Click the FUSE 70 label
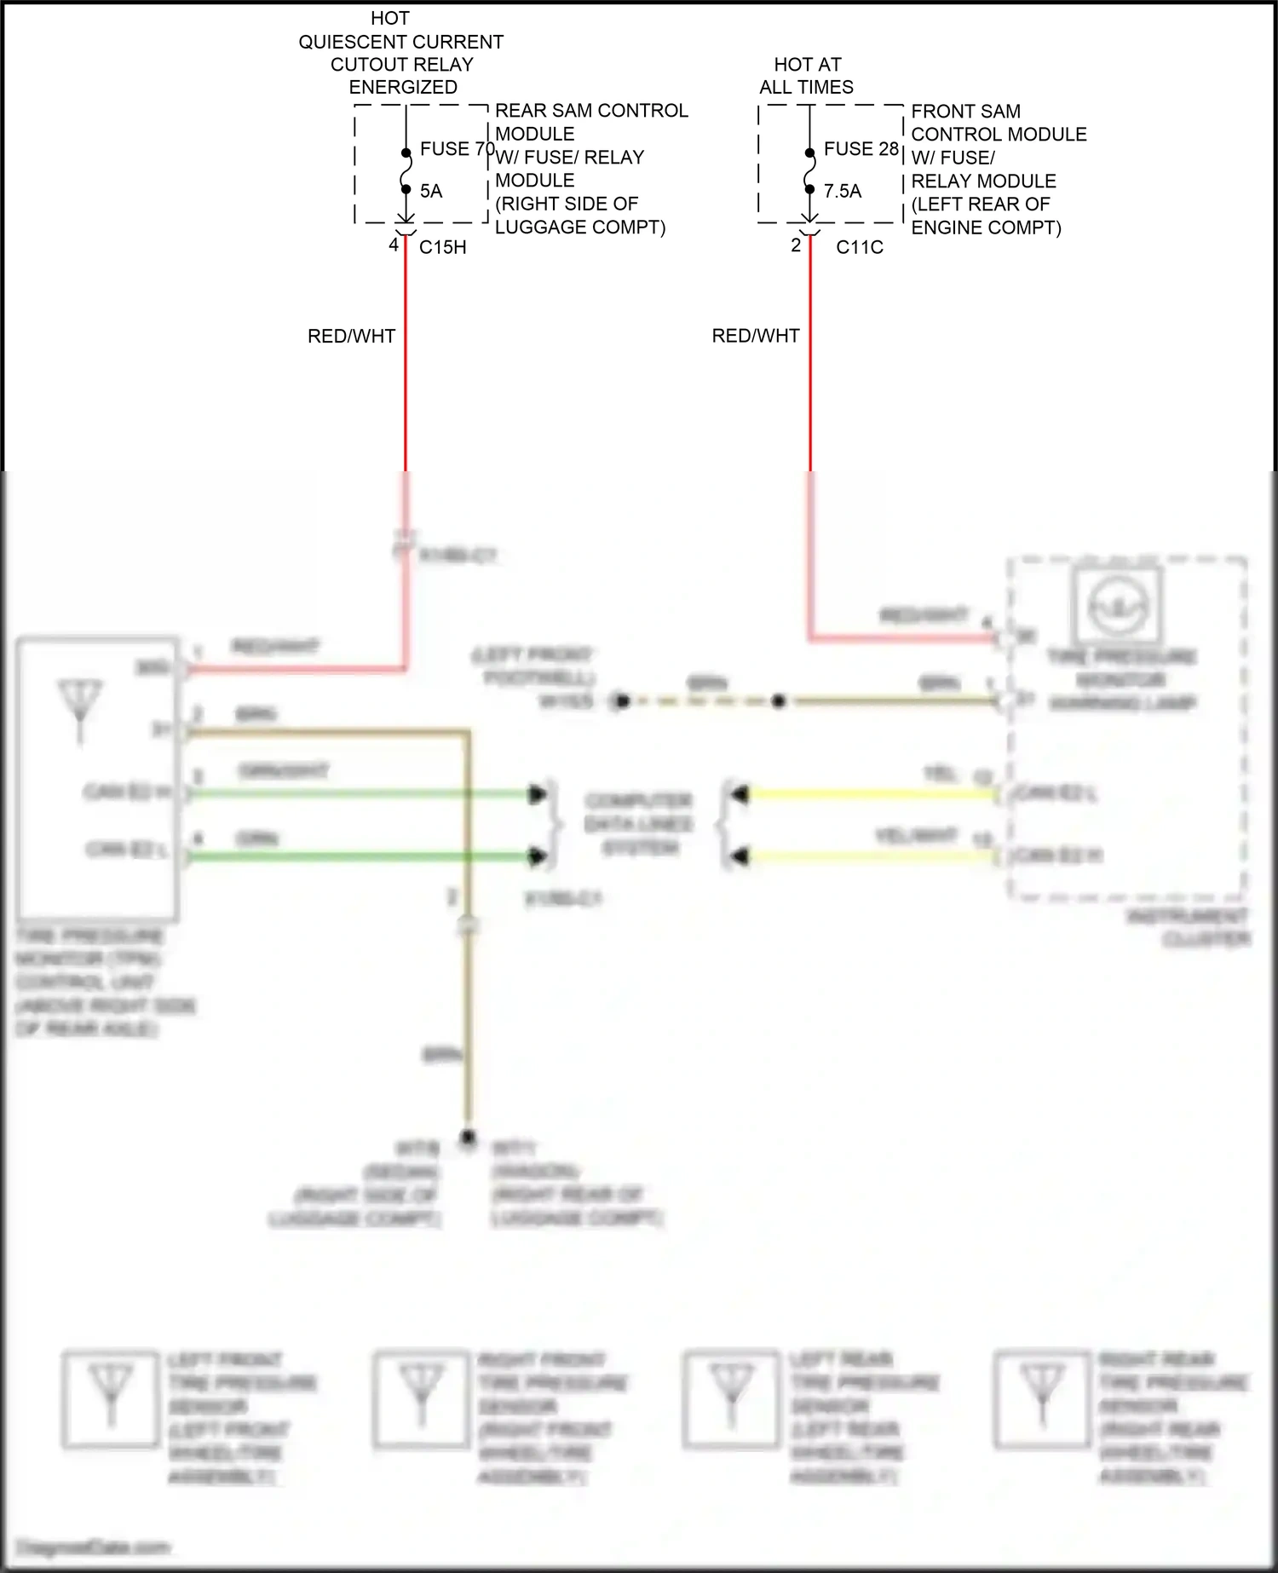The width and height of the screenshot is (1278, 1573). pyautogui.click(x=457, y=149)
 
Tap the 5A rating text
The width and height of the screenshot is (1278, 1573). pyautogui.click(x=431, y=191)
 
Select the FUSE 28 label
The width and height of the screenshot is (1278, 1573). pyautogui.click(x=861, y=149)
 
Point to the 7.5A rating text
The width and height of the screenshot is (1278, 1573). pyautogui.click(x=843, y=191)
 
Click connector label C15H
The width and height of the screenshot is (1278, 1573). pyautogui.click(x=443, y=247)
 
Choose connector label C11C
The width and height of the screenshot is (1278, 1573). pyautogui.click(x=860, y=247)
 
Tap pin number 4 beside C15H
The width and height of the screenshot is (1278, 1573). pyautogui.click(x=394, y=245)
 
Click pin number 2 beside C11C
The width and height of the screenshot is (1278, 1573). pyautogui.click(x=796, y=245)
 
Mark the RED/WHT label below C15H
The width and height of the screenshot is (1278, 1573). pyautogui.click(x=351, y=337)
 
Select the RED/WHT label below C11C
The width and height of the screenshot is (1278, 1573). pyautogui.click(x=756, y=337)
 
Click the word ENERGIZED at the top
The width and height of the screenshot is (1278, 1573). pyautogui.click(x=403, y=87)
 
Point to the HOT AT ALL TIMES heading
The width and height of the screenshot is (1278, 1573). pyautogui.click(x=807, y=76)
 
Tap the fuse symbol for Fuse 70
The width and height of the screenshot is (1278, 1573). pyautogui.click(x=406, y=170)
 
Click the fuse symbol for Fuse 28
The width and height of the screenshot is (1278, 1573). pyautogui.click(x=810, y=170)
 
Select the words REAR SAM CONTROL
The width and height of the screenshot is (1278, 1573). pyautogui.click(x=591, y=111)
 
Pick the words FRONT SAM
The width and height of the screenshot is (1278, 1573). pyautogui.click(x=966, y=112)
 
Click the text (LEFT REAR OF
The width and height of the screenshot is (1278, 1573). pyautogui.click(x=981, y=205)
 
